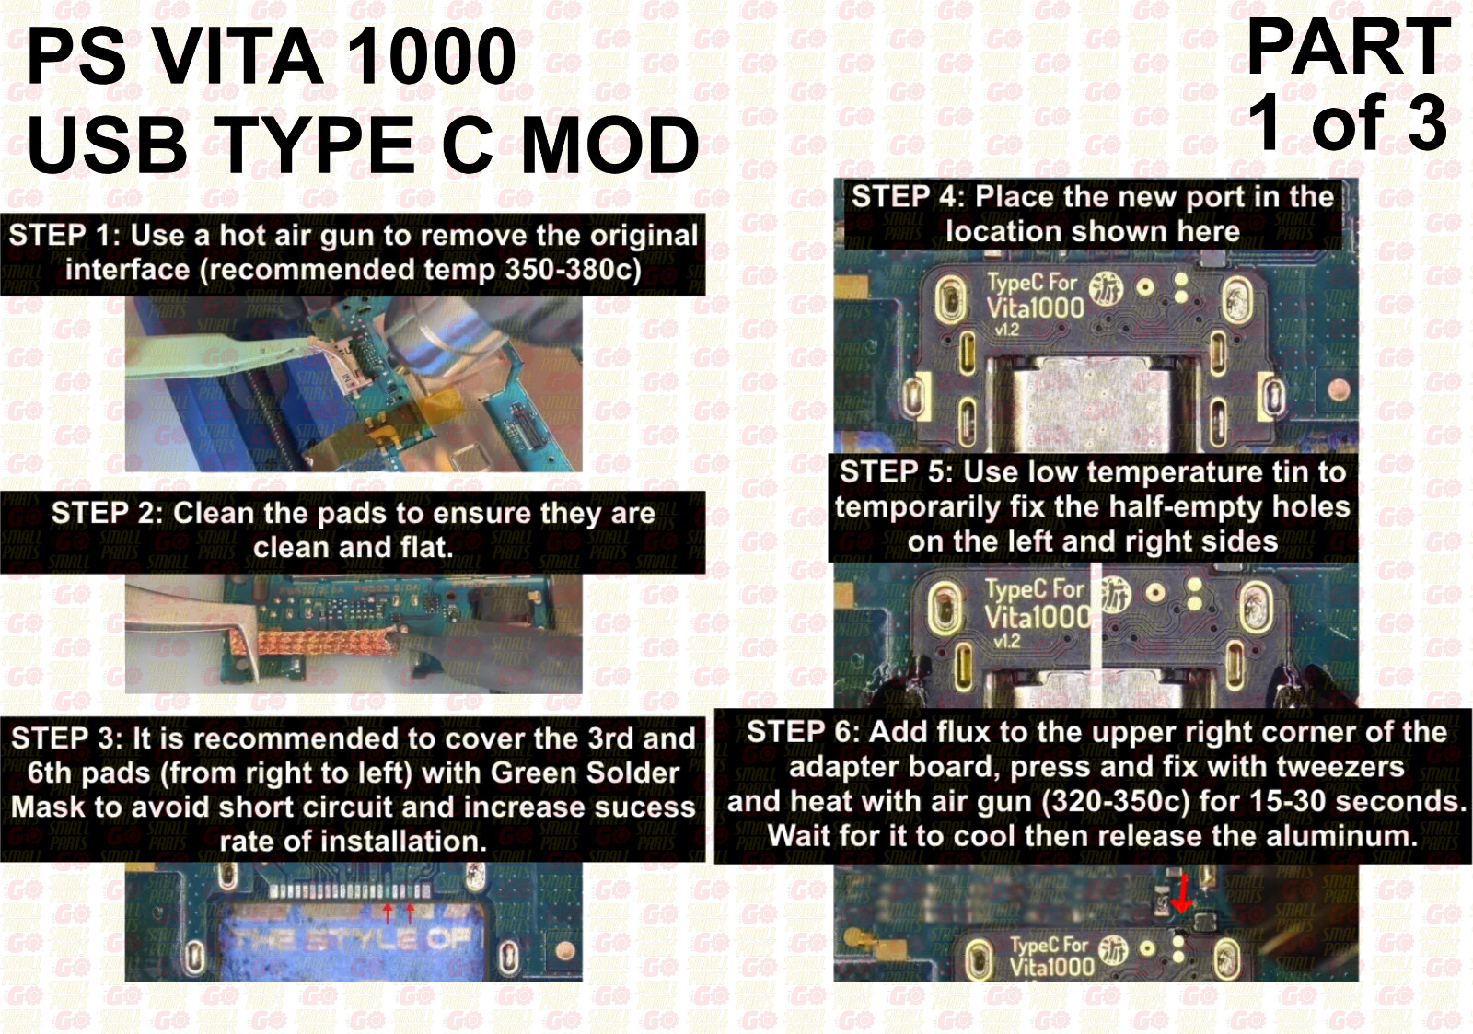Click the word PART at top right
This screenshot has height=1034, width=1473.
tap(1348, 47)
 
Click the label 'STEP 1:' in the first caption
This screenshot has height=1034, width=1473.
tap(64, 236)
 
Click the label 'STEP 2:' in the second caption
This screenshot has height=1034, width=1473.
tap(107, 513)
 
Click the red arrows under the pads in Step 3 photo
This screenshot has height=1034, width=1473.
tap(399, 912)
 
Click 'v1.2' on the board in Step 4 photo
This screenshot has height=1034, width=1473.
tap(1006, 330)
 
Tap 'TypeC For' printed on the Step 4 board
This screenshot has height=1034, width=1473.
tap(1032, 283)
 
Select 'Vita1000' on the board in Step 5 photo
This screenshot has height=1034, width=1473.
tap(1037, 616)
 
